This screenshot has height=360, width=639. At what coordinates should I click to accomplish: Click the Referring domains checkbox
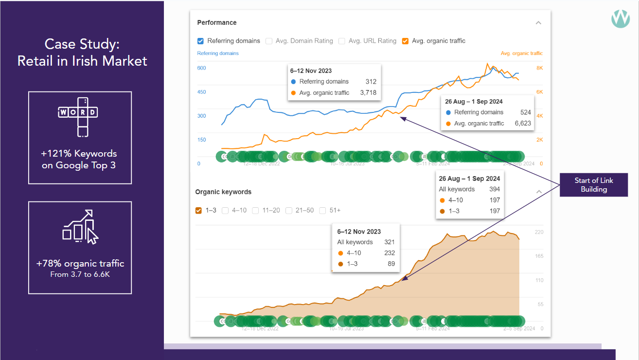pyautogui.click(x=200, y=41)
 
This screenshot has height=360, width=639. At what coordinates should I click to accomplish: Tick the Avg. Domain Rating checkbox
pyautogui.click(x=269, y=41)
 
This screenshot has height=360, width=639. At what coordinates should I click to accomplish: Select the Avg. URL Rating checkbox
pyautogui.click(x=342, y=41)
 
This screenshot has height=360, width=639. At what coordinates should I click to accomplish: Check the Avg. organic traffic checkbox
pyautogui.click(x=405, y=41)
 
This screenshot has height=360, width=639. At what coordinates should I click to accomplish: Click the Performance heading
pyautogui.click(x=217, y=22)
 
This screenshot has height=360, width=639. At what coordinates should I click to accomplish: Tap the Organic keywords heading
pyautogui.click(x=223, y=192)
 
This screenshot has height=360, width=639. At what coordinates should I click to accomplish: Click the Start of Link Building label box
pyautogui.click(x=594, y=185)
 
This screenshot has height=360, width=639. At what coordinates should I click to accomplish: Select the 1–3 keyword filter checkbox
pyautogui.click(x=198, y=211)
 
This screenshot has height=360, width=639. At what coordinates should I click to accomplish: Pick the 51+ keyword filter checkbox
pyautogui.click(x=322, y=211)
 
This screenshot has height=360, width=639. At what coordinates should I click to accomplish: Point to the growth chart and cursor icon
pyautogui.click(x=80, y=227)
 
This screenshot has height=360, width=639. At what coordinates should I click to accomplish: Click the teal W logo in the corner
pyautogui.click(x=620, y=18)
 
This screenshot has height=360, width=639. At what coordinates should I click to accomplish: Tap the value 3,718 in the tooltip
pyautogui.click(x=368, y=92)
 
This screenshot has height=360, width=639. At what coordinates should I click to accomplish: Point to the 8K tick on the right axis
pyautogui.click(x=539, y=68)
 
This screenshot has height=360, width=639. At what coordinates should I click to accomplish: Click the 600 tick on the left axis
pyautogui.click(x=201, y=68)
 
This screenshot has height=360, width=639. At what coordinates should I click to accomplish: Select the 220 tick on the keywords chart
pyautogui.click(x=539, y=232)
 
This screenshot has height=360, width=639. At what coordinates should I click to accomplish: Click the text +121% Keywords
pyautogui.click(x=79, y=153)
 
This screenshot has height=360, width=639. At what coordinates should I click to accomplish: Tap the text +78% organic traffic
pyautogui.click(x=80, y=264)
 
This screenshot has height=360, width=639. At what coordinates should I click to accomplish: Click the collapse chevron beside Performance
pyautogui.click(x=538, y=23)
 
